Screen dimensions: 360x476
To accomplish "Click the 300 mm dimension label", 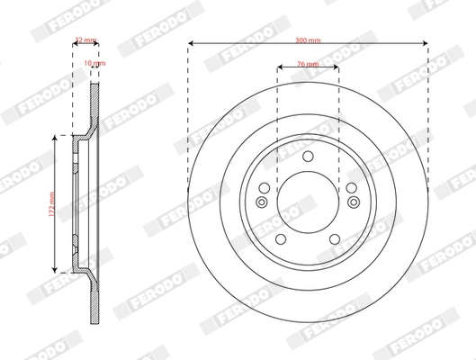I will (x=307, y=40).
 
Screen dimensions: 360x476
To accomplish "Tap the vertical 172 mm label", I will (x=51, y=202).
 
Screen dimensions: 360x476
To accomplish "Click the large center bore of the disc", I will (x=307, y=201).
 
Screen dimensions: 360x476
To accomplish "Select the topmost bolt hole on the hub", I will (x=307, y=158).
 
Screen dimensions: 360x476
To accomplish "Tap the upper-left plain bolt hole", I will (x=267, y=188).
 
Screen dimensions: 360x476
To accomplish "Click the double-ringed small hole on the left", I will (x=262, y=202).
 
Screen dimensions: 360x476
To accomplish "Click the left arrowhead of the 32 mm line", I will (x=74, y=43).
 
